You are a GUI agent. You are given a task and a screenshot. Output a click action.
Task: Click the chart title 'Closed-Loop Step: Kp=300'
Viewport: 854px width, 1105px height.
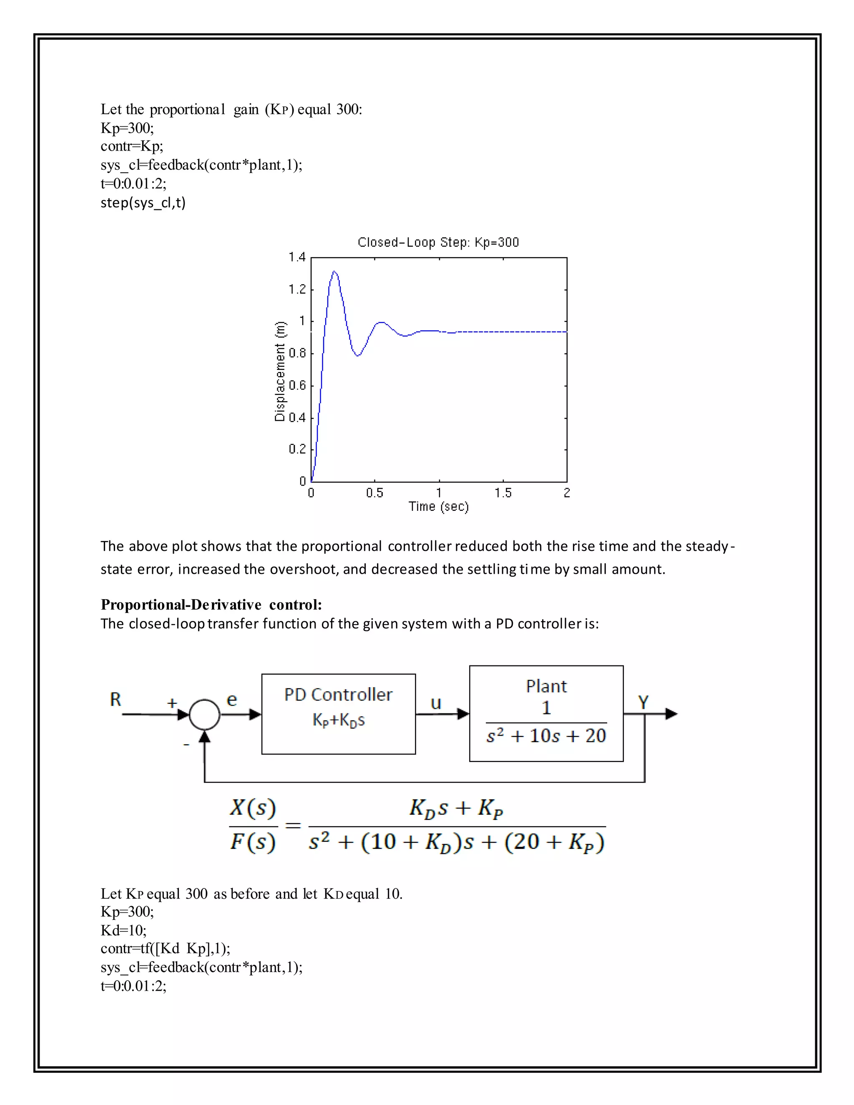coord(438,242)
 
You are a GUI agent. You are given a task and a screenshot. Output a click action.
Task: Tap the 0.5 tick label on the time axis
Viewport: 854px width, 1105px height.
coord(374,493)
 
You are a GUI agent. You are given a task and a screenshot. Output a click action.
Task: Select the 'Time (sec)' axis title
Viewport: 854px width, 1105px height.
coord(439,507)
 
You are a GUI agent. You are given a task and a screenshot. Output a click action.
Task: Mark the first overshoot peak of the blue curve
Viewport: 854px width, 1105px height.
coord(334,272)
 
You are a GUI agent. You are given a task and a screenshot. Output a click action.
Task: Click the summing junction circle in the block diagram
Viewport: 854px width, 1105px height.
coord(204,714)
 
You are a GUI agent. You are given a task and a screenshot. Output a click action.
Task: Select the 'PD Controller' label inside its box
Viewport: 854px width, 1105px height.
coord(338,695)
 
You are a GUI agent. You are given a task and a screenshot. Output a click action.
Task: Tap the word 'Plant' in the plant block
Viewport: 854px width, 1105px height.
coord(546,686)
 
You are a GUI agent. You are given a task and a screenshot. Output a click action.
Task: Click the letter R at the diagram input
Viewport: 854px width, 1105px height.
coord(116,700)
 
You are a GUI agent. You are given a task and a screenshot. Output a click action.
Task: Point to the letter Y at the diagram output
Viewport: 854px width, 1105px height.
coord(643,702)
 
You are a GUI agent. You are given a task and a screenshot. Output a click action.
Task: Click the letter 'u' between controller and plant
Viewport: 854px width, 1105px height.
coord(436,703)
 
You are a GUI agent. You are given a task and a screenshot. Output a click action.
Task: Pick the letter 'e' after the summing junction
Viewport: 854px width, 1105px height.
coord(232,700)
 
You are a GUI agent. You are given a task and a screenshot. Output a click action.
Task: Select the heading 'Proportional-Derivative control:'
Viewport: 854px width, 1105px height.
coord(211,605)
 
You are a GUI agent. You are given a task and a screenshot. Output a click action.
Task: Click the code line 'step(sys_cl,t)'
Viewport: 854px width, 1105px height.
coord(143,202)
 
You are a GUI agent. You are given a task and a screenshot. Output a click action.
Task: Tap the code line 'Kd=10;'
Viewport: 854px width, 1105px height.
coord(123,930)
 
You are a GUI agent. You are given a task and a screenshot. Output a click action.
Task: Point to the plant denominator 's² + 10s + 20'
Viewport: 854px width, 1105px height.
coord(546,736)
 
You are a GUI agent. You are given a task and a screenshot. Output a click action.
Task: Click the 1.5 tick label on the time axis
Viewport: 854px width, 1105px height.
coord(503,493)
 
